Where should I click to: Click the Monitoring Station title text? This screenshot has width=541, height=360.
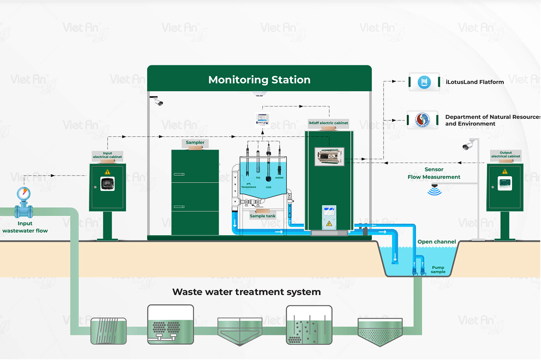[x=259, y=80]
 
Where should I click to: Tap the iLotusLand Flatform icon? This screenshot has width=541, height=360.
[x=424, y=82]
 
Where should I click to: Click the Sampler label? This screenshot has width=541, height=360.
[x=195, y=143]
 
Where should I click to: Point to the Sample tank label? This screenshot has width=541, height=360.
[x=265, y=216]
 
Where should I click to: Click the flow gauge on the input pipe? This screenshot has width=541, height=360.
[x=23, y=194]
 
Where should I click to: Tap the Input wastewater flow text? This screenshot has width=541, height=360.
[x=25, y=227]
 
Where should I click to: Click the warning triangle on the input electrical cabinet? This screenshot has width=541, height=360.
[x=107, y=172]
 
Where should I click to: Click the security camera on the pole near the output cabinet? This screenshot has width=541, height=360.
[x=468, y=146]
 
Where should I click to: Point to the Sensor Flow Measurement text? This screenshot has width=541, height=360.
[x=434, y=173]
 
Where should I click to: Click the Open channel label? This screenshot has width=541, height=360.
[x=436, y=242]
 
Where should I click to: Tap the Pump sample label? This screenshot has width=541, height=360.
[x=438, y=269]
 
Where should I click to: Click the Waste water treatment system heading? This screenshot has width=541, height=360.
[x=247, y=292]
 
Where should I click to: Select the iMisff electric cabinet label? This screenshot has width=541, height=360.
[x=328, y=123]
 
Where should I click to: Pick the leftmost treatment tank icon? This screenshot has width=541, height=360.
[x=109, y=331]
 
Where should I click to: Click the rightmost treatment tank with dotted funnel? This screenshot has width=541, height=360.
[x=380, y=331]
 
